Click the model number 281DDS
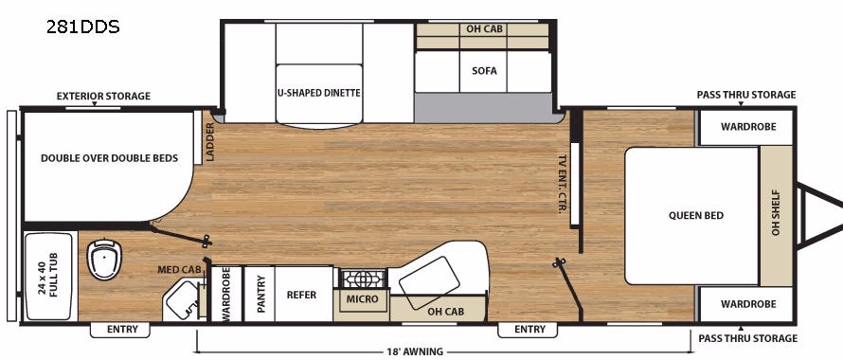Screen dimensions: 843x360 click(x=82, y=27)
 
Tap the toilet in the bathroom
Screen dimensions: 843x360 click(x=104, y=259)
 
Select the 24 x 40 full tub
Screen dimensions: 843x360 click(x=49, y=276)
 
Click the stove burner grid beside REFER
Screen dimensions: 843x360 click(x=364, y=279)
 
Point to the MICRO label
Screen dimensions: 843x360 click(x=362, y=298)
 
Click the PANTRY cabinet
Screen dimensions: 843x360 click(x=260, y=294)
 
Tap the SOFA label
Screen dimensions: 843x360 click(x=484, y=71)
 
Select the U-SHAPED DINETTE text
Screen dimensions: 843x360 click(x=319, y=93)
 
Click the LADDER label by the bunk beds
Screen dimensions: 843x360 click(x=209, y=142)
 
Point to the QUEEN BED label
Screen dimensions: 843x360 click(x=696, y=215)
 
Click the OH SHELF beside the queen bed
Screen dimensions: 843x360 click(x=776, y=215)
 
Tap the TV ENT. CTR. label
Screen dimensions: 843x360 click(x=563, y=184)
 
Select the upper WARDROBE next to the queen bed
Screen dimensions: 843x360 click(x=748, y=127)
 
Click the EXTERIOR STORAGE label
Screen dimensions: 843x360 click(x=104, y=96)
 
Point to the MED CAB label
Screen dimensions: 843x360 click(x=179, y=269)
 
